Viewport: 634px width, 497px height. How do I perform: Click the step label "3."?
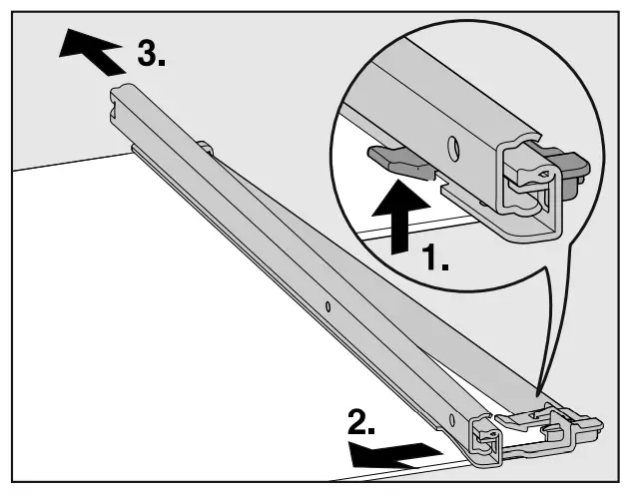click(152, 55)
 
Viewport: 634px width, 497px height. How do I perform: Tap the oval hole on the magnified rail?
click(453, 148)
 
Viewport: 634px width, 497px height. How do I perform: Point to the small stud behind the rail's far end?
click(206, 147)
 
